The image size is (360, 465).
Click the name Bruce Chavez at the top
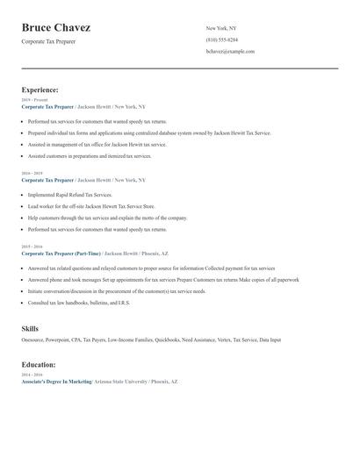coord(55,28)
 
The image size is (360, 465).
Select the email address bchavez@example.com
coord(230,52)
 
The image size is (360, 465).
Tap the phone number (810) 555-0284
coord(221,40)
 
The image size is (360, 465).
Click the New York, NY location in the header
coord(221,29)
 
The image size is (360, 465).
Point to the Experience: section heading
coord(40,89)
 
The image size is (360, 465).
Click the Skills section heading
coord(30,328)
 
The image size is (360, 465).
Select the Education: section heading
coord(39,364)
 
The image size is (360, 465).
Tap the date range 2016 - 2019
coord(32,174)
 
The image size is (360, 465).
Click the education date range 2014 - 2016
coord(32,376)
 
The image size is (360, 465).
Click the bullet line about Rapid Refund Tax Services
coord(70,194)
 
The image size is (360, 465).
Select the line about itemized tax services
coord(90,156)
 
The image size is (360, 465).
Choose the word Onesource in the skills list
coord(34,340)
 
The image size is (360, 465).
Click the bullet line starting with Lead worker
coord(84,205)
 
